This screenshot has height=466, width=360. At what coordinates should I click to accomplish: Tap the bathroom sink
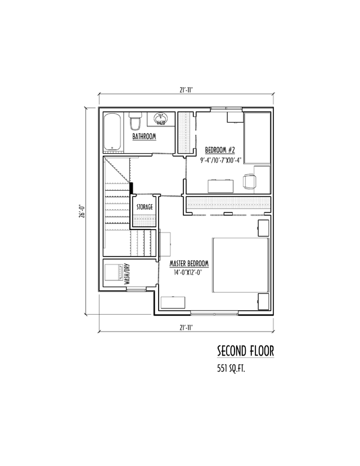pos(161,119)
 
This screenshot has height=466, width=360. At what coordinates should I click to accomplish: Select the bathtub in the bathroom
pos(112,132)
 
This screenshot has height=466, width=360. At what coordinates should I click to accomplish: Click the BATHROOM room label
pos(144,137)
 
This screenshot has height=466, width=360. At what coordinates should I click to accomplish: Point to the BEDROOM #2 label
pos(219,150)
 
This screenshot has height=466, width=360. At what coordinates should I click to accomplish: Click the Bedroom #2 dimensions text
pos(221,159)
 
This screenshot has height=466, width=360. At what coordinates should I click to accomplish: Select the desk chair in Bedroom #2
pos(249,181)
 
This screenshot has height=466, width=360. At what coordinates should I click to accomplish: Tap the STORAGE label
pos(145,208)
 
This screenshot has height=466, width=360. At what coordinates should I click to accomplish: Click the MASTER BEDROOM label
pos(190,263)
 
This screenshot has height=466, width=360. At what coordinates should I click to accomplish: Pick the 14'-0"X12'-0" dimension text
pos(189,272)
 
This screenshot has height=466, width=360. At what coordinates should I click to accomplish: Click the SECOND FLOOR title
pos(245,351)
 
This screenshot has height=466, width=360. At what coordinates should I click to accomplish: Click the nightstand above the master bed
pos(263,227)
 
